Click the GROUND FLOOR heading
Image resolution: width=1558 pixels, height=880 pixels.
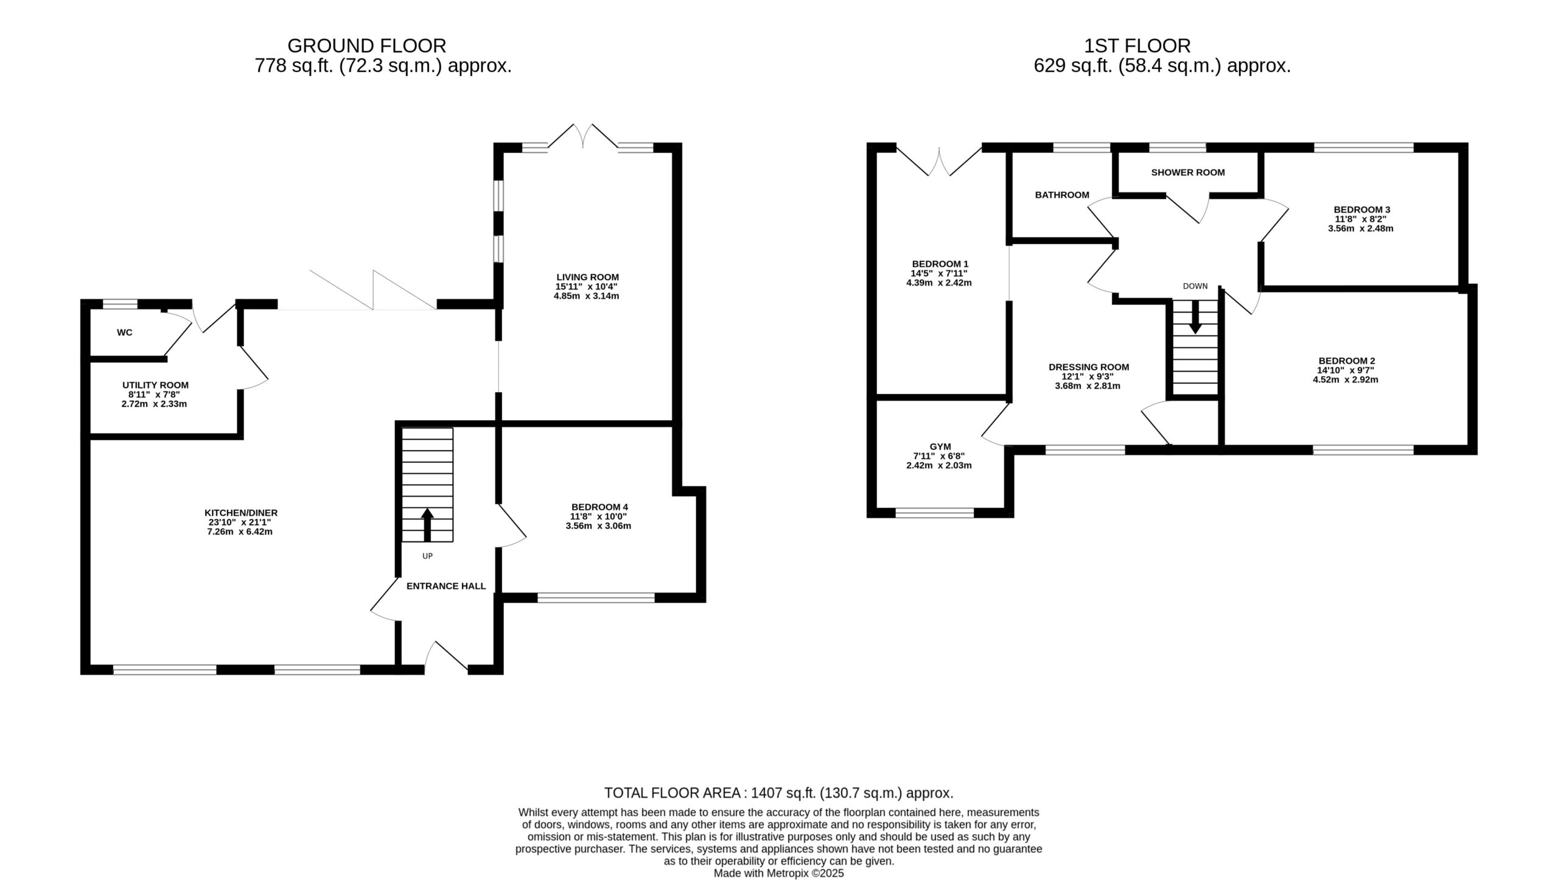(366, 46)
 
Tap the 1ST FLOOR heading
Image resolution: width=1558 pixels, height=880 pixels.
(1137, 46)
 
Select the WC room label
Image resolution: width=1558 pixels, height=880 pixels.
(125, 333)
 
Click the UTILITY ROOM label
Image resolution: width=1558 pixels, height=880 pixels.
(155, 385)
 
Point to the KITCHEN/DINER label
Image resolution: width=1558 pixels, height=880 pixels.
(241, 513)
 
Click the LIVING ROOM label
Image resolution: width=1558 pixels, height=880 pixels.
(587, 277)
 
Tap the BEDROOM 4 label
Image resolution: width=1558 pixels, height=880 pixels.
(599, 507)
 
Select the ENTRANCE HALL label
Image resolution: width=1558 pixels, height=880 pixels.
(446, 586)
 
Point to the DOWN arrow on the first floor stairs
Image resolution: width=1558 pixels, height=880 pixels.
(1195, 317)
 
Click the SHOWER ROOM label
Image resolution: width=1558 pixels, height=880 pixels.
(1188, 172)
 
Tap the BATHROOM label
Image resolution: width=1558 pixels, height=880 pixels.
(1062, 195)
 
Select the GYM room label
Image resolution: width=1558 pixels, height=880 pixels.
(940, 446)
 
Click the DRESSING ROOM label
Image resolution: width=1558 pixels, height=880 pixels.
(1089, 367)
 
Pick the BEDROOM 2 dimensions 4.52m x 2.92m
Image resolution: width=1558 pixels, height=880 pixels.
(1345, 379)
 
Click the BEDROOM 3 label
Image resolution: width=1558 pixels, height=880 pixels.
(1361, 210)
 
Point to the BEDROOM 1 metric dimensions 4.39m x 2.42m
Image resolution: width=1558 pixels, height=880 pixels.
(938, 283)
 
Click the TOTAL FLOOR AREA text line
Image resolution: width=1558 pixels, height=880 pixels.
(779, 793)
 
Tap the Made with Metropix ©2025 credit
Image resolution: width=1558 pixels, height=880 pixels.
(779, 873)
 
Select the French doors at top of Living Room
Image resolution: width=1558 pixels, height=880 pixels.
(583, 136)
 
